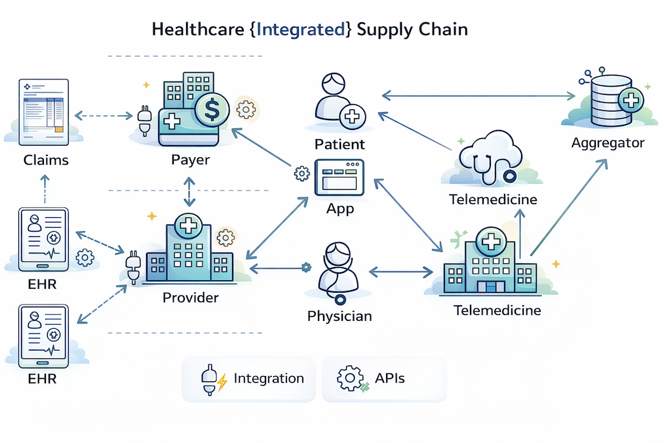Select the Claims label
(x=45, y=159)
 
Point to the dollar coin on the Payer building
(x=212, y=110)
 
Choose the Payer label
(x=190, y=159)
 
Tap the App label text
(x=340, y=209)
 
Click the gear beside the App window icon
(x=302, y=174)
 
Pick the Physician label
(x=340, y=316)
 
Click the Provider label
(x=190, y=297)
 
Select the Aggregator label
(x=608, y=142)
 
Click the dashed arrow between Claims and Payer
(x=104, y=116)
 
